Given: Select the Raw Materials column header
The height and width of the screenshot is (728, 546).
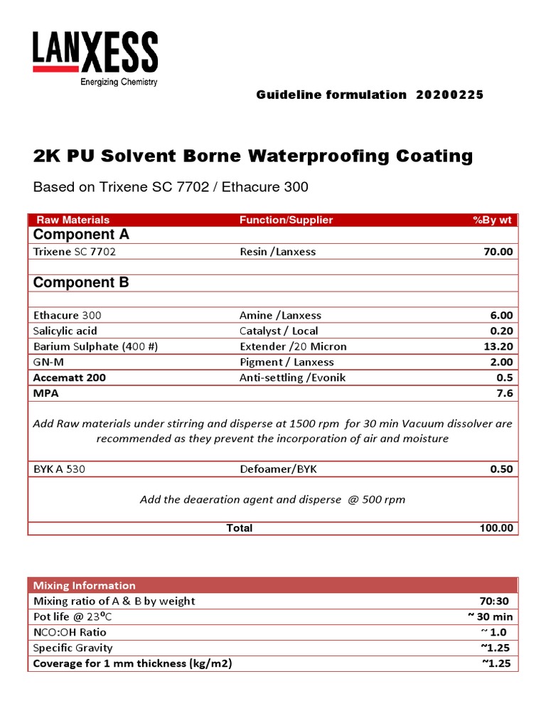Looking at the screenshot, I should pyautogui.click(x=73, y=220).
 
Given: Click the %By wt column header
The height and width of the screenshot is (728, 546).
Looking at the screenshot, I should pyautogui.click(x=492, y=220).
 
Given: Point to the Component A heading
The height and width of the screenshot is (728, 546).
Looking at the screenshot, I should pyautogui.click(x=81, y=235).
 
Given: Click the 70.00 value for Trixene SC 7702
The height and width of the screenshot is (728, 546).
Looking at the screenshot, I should pyautogui.click(x=498, y=252).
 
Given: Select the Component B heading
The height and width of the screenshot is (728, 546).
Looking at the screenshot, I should pyautogui.click(x=81, y=282).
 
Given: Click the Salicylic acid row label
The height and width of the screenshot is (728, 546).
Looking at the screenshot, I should pyautogui.click(x=65, y=331).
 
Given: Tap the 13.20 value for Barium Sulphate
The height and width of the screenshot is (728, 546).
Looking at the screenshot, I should pyautogui.click(x=498, y=346).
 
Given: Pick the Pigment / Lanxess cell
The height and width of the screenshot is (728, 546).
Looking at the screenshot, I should pyautogui.click(x=287, y=362).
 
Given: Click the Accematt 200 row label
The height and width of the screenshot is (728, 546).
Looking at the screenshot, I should pyautogui.click(x=70, y=378).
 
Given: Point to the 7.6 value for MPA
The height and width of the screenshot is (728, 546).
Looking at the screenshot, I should pyautogui.click(x=503, y=393).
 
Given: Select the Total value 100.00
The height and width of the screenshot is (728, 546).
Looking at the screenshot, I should pyautogui.click(x=496, y=528).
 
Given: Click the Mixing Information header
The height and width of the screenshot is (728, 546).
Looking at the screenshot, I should pyautogui.click(x=85, y=585).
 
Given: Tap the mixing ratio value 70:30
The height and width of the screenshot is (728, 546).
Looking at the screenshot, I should pyautogui.click(x=498, y=601).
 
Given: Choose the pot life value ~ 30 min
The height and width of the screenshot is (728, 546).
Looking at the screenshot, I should pyautogui.click(x=489, y=616).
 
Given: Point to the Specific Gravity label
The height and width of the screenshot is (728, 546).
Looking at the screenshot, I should pyautogui.click(x=73, y=648).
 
